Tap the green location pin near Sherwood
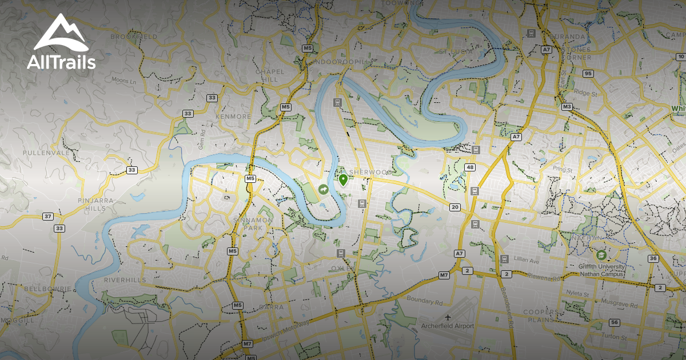[x=343, y=181]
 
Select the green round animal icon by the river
[x=324, y=189]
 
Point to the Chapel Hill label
[x=270, y=75]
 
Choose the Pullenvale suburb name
[x=46, y=153]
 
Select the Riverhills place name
[x=125, y=280]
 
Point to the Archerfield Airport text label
[x=447, y=326]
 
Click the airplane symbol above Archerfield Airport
[x=447, y=316]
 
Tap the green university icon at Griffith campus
[x=601, y=255]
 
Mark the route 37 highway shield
[x=47, y=217]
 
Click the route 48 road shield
[x=470, y=167]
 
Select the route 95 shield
[x=588, y=74]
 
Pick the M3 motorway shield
[x=567, y=107]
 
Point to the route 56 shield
[x=615, y=323]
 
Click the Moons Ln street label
[x=124, y=81]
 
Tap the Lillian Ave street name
[x=527, y=261]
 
